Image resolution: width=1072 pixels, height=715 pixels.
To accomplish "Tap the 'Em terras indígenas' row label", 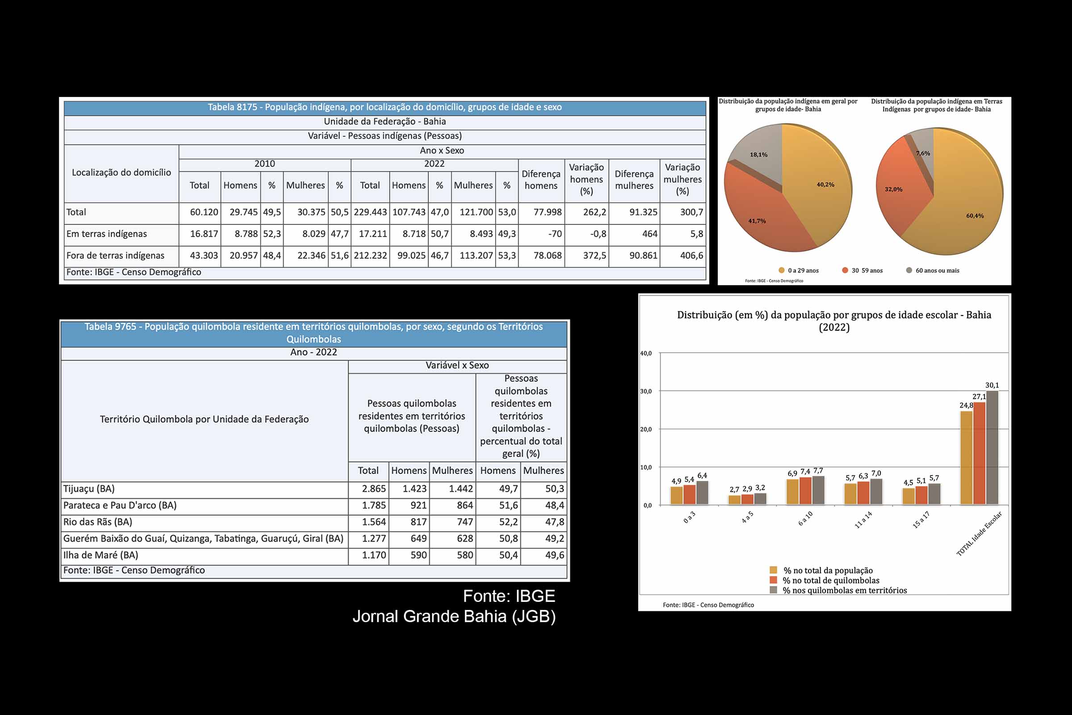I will coord(107,234).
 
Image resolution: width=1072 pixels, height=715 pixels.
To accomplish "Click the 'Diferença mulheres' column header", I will coord(634,180).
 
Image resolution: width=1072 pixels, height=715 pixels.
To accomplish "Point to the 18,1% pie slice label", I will coord(758,155).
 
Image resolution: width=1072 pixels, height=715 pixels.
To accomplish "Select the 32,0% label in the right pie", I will coord(893,189).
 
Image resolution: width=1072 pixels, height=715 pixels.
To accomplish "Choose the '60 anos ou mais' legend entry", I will coord(937,271).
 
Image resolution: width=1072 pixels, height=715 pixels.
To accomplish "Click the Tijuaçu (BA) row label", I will coord(89,489).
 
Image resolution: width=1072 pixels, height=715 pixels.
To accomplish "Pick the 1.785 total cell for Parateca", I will coord(373,506).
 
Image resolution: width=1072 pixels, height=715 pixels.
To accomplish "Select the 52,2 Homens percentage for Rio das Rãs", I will coord(508,522).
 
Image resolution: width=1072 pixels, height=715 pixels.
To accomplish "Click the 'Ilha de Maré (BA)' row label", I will coord(101,555).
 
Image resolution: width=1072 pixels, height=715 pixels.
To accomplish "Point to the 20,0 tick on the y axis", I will coord(646,429).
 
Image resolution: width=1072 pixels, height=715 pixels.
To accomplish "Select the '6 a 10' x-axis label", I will coord(805,519).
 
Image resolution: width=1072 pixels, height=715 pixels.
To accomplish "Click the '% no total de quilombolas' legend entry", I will coord(831,580).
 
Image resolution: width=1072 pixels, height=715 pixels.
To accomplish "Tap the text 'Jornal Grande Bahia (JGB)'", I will coord(454,617).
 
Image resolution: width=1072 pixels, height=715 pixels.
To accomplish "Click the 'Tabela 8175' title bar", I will coord(385,108).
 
